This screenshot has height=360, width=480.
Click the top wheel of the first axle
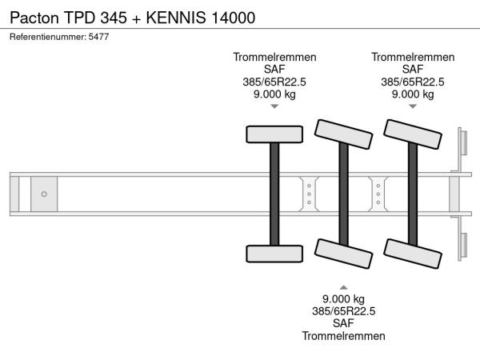pos(274,134)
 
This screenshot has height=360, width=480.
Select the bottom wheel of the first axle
pos(274,254)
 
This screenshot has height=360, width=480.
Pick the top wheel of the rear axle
pos(414,134)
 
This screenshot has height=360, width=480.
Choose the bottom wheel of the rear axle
pos(414,254)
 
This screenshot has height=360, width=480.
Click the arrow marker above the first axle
pos(274,106)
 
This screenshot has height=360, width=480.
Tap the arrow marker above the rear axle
pos(414,106)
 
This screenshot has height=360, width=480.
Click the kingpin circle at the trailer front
pos(44,194)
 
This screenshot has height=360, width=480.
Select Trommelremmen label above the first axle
pos(274,57)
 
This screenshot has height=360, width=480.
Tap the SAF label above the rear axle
pos(414,70)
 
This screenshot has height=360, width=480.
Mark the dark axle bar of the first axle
pos(274,194)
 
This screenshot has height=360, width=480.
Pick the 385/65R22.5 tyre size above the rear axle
pos(414,82)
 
